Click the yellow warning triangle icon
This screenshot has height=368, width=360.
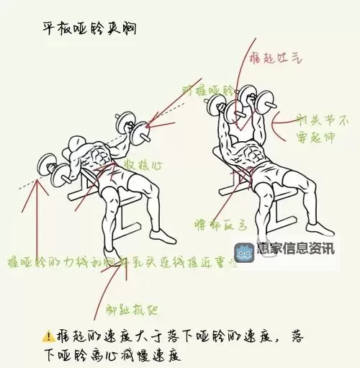(48, 336)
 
